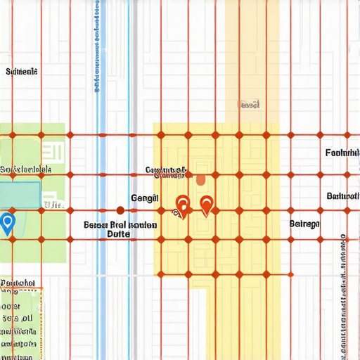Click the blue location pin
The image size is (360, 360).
[x=8, y=223]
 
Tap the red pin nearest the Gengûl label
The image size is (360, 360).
[x=182, y=205]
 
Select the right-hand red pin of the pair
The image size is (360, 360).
[x=206, y=205]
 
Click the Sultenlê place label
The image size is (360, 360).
[x=21, y=72]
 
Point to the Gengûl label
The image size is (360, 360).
[x=146, y=198]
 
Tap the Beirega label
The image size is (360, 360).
[x=304, y=224]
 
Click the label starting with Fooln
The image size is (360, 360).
[x=342, y=153]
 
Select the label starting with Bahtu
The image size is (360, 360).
[x=343, y=196]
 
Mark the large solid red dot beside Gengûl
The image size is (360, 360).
[x=120, y=210]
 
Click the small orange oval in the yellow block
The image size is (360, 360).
[x=200, y=181]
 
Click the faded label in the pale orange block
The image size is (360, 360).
[x=250, y=105]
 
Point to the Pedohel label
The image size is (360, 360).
[x=19, y=283]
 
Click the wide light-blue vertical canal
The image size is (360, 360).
[x=102, y=141]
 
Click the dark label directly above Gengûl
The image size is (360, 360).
[x=165, y=170]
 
